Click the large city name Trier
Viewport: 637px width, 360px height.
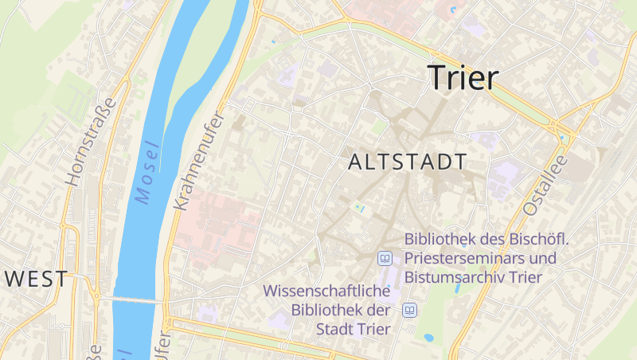pyautogui.click(x=463, y=77)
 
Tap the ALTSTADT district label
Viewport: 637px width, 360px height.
pyautogui.click(x=408, y=162)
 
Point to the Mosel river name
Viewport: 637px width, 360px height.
pyautogui.click(x=147, y=172)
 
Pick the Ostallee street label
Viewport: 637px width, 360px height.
pyautogui.click(x=545, y=186)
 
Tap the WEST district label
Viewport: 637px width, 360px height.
pyautogui.click(x=37, y=279)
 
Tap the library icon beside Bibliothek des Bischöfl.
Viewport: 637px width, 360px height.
pyautogui.click(x=385, y=258)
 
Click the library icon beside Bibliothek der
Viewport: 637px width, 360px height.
pyautogui.click(x=409, y=309)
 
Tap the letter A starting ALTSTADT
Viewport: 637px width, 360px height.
pyautogui.click(x=356, y=162)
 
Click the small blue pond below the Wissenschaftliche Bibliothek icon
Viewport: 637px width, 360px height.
pyautogui.click(x=429, y=338)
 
